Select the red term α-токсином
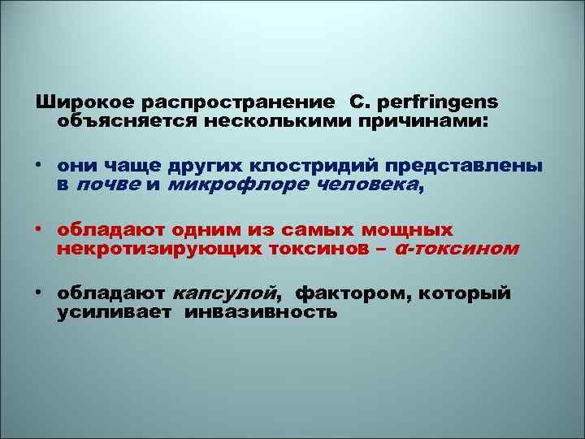[455, 248]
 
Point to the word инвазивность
[261, 311]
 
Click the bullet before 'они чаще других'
[39, 165]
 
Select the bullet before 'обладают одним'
[39, 228]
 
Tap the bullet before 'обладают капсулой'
[39, 292]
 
